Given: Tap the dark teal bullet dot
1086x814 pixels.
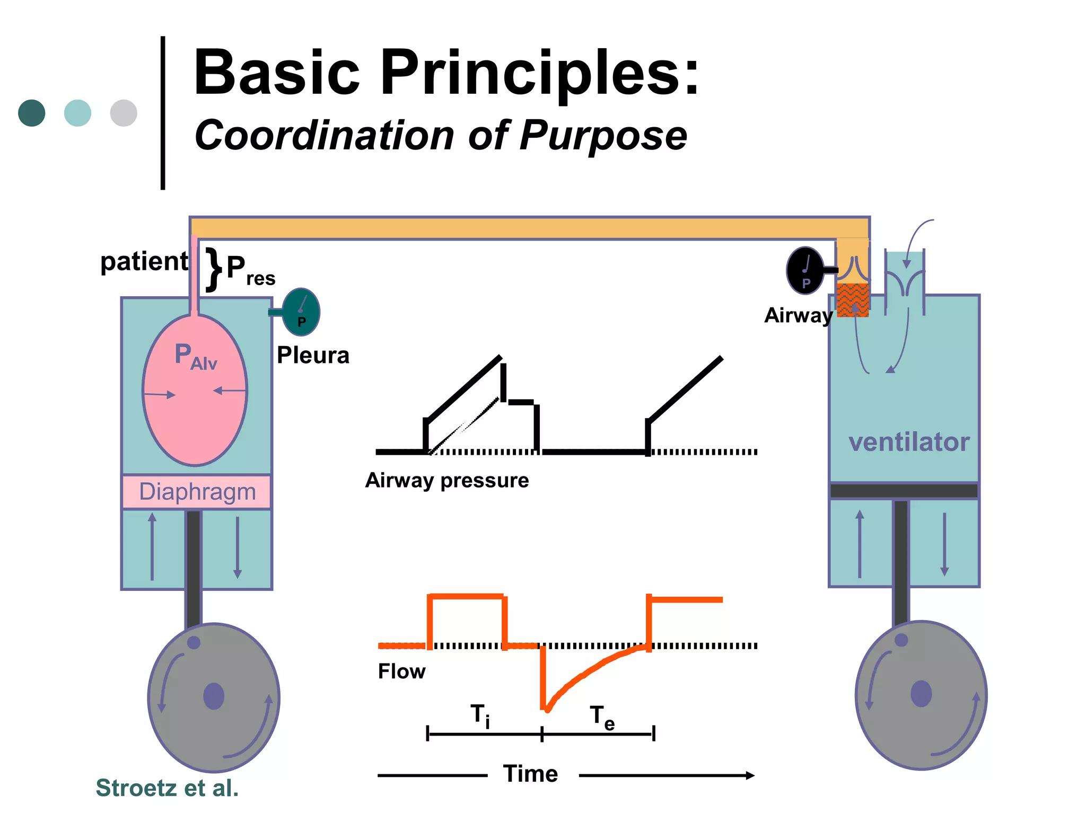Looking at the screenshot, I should (32, 113).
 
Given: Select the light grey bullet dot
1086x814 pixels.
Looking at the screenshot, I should (124, 113).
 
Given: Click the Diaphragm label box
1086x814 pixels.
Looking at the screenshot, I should (197, 492).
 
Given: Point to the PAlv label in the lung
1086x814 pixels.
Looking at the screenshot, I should (196, 356).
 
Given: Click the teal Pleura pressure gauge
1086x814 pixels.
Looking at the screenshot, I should (301, 312).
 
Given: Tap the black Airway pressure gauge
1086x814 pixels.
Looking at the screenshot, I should (805, 270).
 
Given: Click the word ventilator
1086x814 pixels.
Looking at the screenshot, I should (908, 442).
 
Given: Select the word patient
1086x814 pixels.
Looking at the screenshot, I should (144, 262).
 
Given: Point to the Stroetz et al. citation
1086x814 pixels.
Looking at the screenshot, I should (167, 788).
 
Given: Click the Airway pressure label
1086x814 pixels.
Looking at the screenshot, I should (447, 480).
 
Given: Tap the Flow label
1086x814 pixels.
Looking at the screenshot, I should (401, 671).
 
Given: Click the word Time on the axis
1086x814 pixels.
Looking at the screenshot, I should (530, 774).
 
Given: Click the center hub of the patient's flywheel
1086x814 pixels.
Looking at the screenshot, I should (214, 696).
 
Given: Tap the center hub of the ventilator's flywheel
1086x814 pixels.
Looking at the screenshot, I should (921, 694).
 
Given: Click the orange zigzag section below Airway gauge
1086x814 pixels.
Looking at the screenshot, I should (853, 300).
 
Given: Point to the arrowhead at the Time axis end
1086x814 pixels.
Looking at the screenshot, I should (750, 775).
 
